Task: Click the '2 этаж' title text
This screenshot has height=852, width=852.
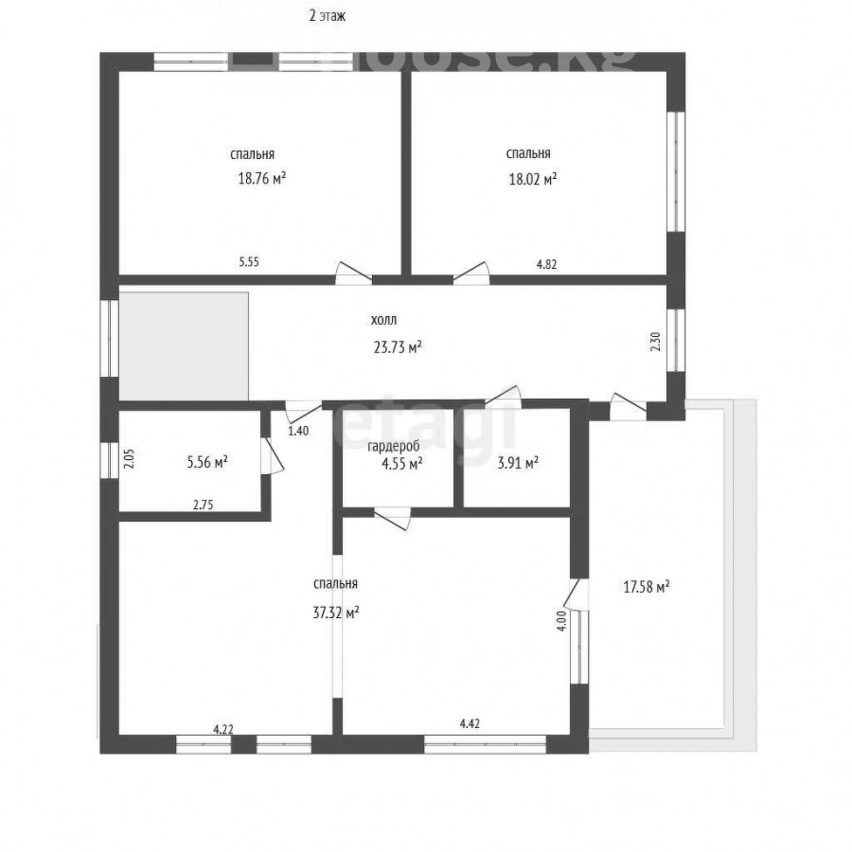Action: tap(328, 16)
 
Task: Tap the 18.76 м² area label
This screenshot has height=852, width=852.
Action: tap(262, 178)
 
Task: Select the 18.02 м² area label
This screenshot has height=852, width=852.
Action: tap(532, 179)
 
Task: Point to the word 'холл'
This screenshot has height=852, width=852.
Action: tap(383, 320)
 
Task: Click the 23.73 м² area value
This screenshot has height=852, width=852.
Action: tap(398, 346)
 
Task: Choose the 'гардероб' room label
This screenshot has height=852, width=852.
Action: tap(394, 447)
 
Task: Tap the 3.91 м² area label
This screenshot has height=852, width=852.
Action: tap(518, 463)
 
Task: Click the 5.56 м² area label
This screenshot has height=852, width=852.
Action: tap(207, 462)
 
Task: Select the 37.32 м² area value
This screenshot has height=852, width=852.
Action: tap(336, 612)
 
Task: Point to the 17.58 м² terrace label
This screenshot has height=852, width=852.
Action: tap(646, 587)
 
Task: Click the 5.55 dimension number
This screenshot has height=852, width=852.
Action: tap(249, 262)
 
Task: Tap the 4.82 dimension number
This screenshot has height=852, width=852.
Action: tap(546, 265)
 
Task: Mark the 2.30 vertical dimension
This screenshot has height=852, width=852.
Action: tap(656, 342)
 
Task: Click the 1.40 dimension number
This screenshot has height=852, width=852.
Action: tap(298, 431)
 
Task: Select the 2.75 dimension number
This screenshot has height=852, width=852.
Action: tap(204, 505)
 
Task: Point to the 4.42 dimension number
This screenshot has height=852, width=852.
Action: tap(470, 723)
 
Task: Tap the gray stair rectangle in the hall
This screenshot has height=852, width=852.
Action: tap(185, 346)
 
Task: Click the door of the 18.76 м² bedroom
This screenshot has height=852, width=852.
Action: tap(353, 274)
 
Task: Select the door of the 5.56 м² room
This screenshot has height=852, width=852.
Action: tap(272, 456)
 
